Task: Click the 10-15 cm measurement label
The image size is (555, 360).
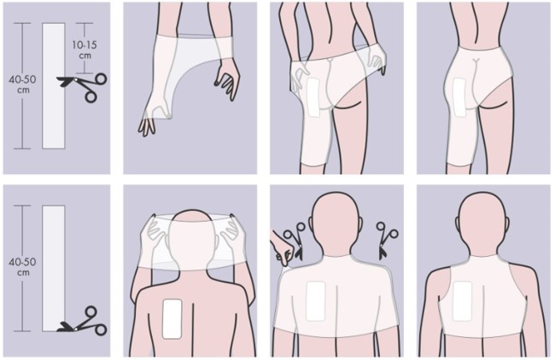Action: [85, 49]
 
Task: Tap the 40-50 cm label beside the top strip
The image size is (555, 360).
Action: [22, 84]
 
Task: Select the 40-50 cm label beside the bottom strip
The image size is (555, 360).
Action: [22, 267]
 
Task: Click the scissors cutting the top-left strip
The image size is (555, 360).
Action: [82, 87]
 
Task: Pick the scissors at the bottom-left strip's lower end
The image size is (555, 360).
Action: [83, 321]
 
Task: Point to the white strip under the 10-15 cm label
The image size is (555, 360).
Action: [54, 86]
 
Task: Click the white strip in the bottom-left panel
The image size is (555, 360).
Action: [54, 268]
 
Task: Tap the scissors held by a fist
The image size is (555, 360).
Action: [295, 242]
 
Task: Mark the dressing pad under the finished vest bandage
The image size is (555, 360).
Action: [462, 300]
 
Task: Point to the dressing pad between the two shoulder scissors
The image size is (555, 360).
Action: [316, 301]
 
